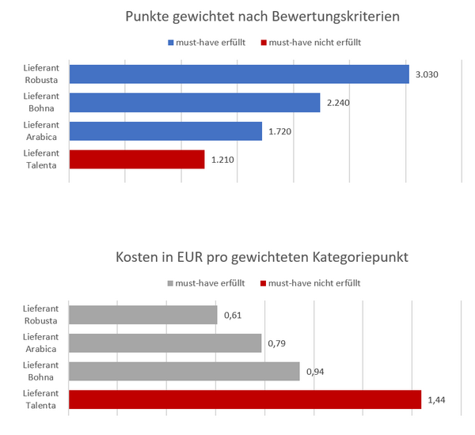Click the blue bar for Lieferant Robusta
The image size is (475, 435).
click(x=239, y=74)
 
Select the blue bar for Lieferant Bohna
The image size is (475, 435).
click(x=195, y=103)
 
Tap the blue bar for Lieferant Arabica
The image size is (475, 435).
click(x=165, y=131)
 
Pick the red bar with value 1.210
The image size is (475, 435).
click(x=137, y=160)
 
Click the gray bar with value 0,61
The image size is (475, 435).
click(x=143, y=315)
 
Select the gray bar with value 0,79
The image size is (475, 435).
click(x=165, y=343)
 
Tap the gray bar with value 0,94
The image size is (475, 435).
click(x=184, y=372)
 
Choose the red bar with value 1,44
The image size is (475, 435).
click(x=245, y=400)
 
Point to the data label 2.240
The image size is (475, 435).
click(x=337, y=103)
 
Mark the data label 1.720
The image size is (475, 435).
click(x=279, y=131)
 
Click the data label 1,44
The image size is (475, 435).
click(x=436, y=400)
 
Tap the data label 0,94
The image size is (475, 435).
click(x=315, y=372)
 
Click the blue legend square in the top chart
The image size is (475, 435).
click(x=170, y=42)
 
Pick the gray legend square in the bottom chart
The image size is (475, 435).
click(x=170, y=282)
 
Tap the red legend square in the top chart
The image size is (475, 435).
click(x=264, y=42)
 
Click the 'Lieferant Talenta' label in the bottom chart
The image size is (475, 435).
click(x=40, y=400)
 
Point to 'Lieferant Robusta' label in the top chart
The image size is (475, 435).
click(x=40, y=74)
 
